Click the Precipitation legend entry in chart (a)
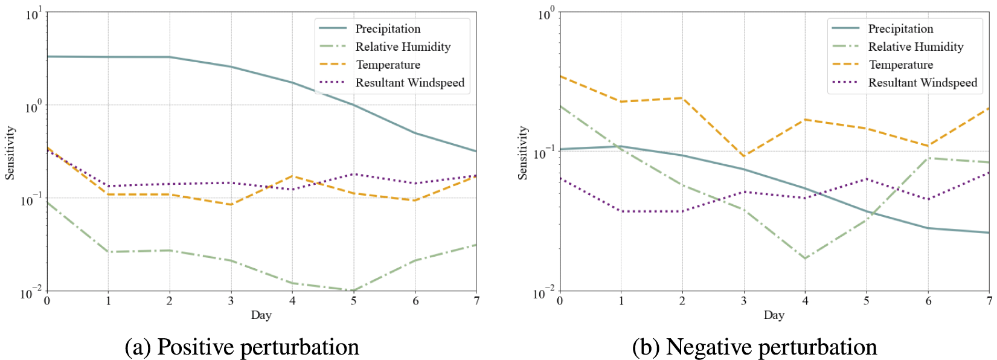click(x=387, y=28)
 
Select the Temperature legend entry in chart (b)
click(x=900, y=65)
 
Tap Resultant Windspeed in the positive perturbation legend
click(x=409, y=83)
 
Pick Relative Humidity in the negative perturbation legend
click(x=915, y=47)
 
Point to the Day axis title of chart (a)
click(x=261, y=315)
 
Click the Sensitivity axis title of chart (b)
click(x=523, y=153)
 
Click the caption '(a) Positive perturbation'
click(x=242, y=347)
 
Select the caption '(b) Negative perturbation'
click(x=754, y=347)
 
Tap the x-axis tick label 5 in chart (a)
click(x=354, y=301)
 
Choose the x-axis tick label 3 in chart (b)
click(x=744, y=301)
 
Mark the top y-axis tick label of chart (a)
click(x=33, y=14)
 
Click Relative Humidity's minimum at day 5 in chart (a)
click(x=354, y=291)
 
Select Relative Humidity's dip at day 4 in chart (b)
click(x=806, y=259)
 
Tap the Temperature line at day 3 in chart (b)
click(x=744, y=156)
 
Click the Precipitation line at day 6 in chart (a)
click(x=415, y=133)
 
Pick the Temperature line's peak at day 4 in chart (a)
click(x=293, y=176)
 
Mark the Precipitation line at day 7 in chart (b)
click(x=989, y=233)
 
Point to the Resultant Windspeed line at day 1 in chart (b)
click(x=621, y=211)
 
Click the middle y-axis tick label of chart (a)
click(x=33, y=107)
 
